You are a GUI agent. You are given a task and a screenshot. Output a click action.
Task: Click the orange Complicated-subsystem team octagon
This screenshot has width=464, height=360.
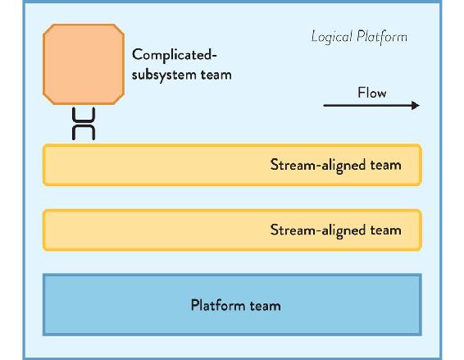pos(84,64)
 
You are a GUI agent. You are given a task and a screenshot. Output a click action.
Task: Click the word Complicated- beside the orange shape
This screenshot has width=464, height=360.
pos(175,55)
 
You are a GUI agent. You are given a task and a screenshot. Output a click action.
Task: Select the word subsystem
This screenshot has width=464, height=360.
pos(164,75)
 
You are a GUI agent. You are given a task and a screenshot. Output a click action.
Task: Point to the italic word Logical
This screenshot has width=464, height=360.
pos(331,37)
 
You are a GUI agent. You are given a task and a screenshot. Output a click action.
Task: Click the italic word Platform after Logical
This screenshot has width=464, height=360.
pos(382,37)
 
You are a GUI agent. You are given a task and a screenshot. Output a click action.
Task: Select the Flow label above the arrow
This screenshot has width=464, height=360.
pos(372,93)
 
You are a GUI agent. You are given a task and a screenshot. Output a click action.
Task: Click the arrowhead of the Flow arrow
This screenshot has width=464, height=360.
pos(416,106)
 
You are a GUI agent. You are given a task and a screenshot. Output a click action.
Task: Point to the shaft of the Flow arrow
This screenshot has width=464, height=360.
pos(367,106)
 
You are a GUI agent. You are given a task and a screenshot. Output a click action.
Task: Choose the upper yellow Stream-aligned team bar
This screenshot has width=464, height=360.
pos(232,165)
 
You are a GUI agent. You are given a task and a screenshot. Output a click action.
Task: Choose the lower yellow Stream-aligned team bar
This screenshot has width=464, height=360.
pos(232,230)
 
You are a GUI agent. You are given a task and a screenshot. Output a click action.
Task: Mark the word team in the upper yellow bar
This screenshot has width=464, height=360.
pos(386,165)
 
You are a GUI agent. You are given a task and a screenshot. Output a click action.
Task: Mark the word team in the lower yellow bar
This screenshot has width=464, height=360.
pos(386,230)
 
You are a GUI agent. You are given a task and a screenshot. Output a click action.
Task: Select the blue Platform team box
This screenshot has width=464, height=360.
pos(232,305)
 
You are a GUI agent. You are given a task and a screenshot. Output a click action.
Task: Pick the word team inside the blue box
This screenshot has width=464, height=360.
pos(266,306)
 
